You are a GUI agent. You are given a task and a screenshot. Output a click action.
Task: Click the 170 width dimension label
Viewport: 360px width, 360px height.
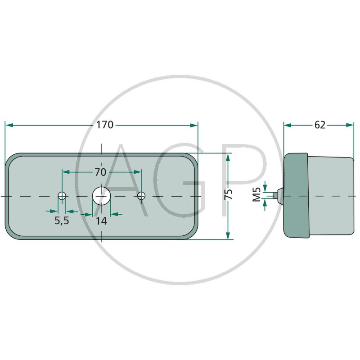click(105, 125)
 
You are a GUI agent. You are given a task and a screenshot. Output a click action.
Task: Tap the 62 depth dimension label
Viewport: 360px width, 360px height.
click(320, 125)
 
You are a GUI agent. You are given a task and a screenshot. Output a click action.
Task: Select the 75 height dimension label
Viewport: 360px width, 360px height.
click(229, 194)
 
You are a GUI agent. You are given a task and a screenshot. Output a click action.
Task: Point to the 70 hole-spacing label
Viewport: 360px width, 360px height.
click(100, 172)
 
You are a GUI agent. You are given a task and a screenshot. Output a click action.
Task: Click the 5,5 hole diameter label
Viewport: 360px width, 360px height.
click(62, 220)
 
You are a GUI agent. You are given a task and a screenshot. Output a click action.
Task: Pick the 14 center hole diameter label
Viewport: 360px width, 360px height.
click(101, 221)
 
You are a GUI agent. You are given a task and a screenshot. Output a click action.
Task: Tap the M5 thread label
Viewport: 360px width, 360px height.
click(256, 194)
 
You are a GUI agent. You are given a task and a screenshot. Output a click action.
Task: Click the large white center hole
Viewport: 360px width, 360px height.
click(102, 196)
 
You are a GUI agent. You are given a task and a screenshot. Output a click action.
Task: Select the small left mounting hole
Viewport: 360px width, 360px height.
click(62, 196)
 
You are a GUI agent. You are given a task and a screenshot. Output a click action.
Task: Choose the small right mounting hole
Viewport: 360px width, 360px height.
click(141, 196)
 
